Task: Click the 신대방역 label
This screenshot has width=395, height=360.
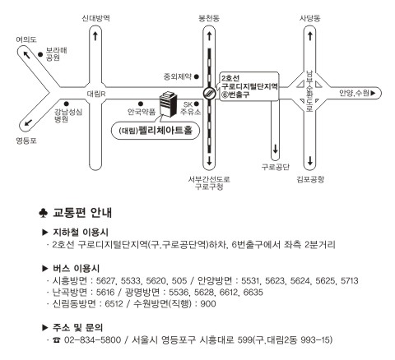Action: (96, 18)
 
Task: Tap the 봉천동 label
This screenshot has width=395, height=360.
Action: (209, 18)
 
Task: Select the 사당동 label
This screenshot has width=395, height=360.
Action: (310, 18)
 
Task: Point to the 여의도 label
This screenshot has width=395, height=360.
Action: (26, 39)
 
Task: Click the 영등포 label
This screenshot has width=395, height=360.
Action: (26, 141)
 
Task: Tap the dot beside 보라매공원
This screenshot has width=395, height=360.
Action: (40, 54)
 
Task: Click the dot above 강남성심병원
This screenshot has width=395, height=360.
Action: (67, 104)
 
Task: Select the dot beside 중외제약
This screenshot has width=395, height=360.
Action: (197, 76)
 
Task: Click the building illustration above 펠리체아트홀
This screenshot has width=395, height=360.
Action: (168, 104)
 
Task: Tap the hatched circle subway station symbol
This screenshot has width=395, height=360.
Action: (209, 94)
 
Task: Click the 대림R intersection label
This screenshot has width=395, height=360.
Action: (96, 94)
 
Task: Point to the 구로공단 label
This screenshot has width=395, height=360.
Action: (275, 167)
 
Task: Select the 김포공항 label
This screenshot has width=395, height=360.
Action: (310, 179)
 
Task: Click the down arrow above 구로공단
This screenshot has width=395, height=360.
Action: (275, 150)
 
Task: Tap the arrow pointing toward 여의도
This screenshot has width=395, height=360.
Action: (26, 55)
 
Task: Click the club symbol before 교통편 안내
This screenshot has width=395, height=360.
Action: (44, 213)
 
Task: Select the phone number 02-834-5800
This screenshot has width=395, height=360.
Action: (92, 340)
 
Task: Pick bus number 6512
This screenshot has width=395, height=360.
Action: (114, 304)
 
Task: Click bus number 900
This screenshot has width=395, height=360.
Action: (208, 304)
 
